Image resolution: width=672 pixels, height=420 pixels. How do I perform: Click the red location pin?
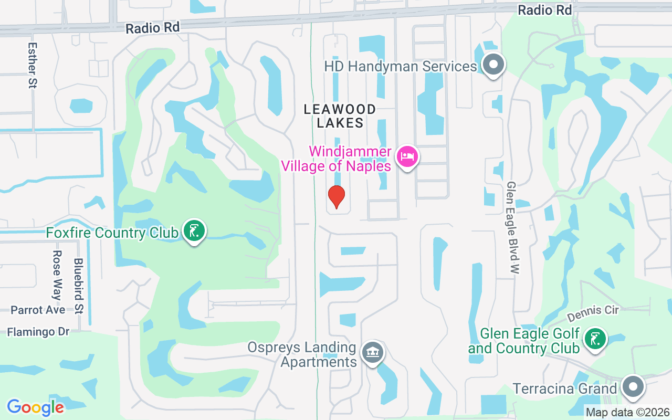(x=336, y=197)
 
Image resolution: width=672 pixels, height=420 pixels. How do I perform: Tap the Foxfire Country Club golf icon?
(x=194, y=230)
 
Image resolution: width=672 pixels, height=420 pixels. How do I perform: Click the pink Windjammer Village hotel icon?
(x=407, y=156)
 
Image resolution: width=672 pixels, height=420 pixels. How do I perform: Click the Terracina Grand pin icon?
(x=633, y=387)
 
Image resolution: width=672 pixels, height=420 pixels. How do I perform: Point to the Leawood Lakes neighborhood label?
(x=340, y=116)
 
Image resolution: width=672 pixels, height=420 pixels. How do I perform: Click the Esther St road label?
(x=32, y=65)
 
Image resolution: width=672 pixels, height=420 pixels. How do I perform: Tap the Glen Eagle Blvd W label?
(x=512, y=228)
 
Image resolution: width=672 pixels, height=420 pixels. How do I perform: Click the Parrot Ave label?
(x=38, y=310)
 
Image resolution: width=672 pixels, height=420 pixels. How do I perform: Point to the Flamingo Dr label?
(x=38, y=332)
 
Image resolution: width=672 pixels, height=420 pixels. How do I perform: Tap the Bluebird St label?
(x=79, y=286)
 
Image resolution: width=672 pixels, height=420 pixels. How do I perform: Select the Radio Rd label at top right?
(x=544, y=10)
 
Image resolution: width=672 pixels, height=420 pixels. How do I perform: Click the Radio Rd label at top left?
(x=152, y=28)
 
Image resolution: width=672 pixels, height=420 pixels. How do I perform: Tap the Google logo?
(x=35, y=407)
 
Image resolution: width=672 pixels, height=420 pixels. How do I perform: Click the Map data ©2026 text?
(x=628, y=412)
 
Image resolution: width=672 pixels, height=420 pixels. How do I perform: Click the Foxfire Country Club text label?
(x=112, y=233)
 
